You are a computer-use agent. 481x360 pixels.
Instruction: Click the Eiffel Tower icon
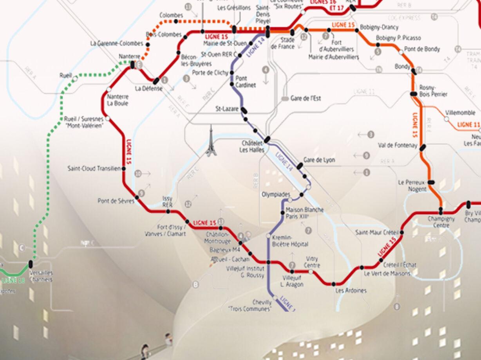click(211, 141)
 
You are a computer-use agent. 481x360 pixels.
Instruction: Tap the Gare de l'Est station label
click(306, 98)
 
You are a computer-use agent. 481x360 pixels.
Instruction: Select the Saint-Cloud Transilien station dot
click(123, 169)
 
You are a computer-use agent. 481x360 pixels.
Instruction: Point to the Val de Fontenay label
click(397, 145)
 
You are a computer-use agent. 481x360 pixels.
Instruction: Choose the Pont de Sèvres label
click(116, 201)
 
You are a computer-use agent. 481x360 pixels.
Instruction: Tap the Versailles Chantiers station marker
click(31, 265)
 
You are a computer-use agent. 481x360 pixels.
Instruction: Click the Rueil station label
click(65, 75)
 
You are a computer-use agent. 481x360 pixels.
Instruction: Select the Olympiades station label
click(276, 194)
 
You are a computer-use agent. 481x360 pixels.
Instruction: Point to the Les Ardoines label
click(351, 290)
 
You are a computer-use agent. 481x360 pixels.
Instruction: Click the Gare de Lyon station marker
click(300, 166)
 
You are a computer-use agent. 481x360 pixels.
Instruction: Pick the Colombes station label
click(171, 15)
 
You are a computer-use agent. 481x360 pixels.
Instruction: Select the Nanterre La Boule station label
click(118, 100)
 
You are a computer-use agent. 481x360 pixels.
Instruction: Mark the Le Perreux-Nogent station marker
click(431, 182)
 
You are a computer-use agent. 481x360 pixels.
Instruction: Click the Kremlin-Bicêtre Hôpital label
click(290, 241)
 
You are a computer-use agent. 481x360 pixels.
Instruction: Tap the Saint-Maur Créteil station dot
click(402, 232)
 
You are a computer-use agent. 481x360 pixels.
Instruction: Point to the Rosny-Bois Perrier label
click(433, 91)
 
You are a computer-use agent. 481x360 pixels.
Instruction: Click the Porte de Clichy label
click(208, 72)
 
